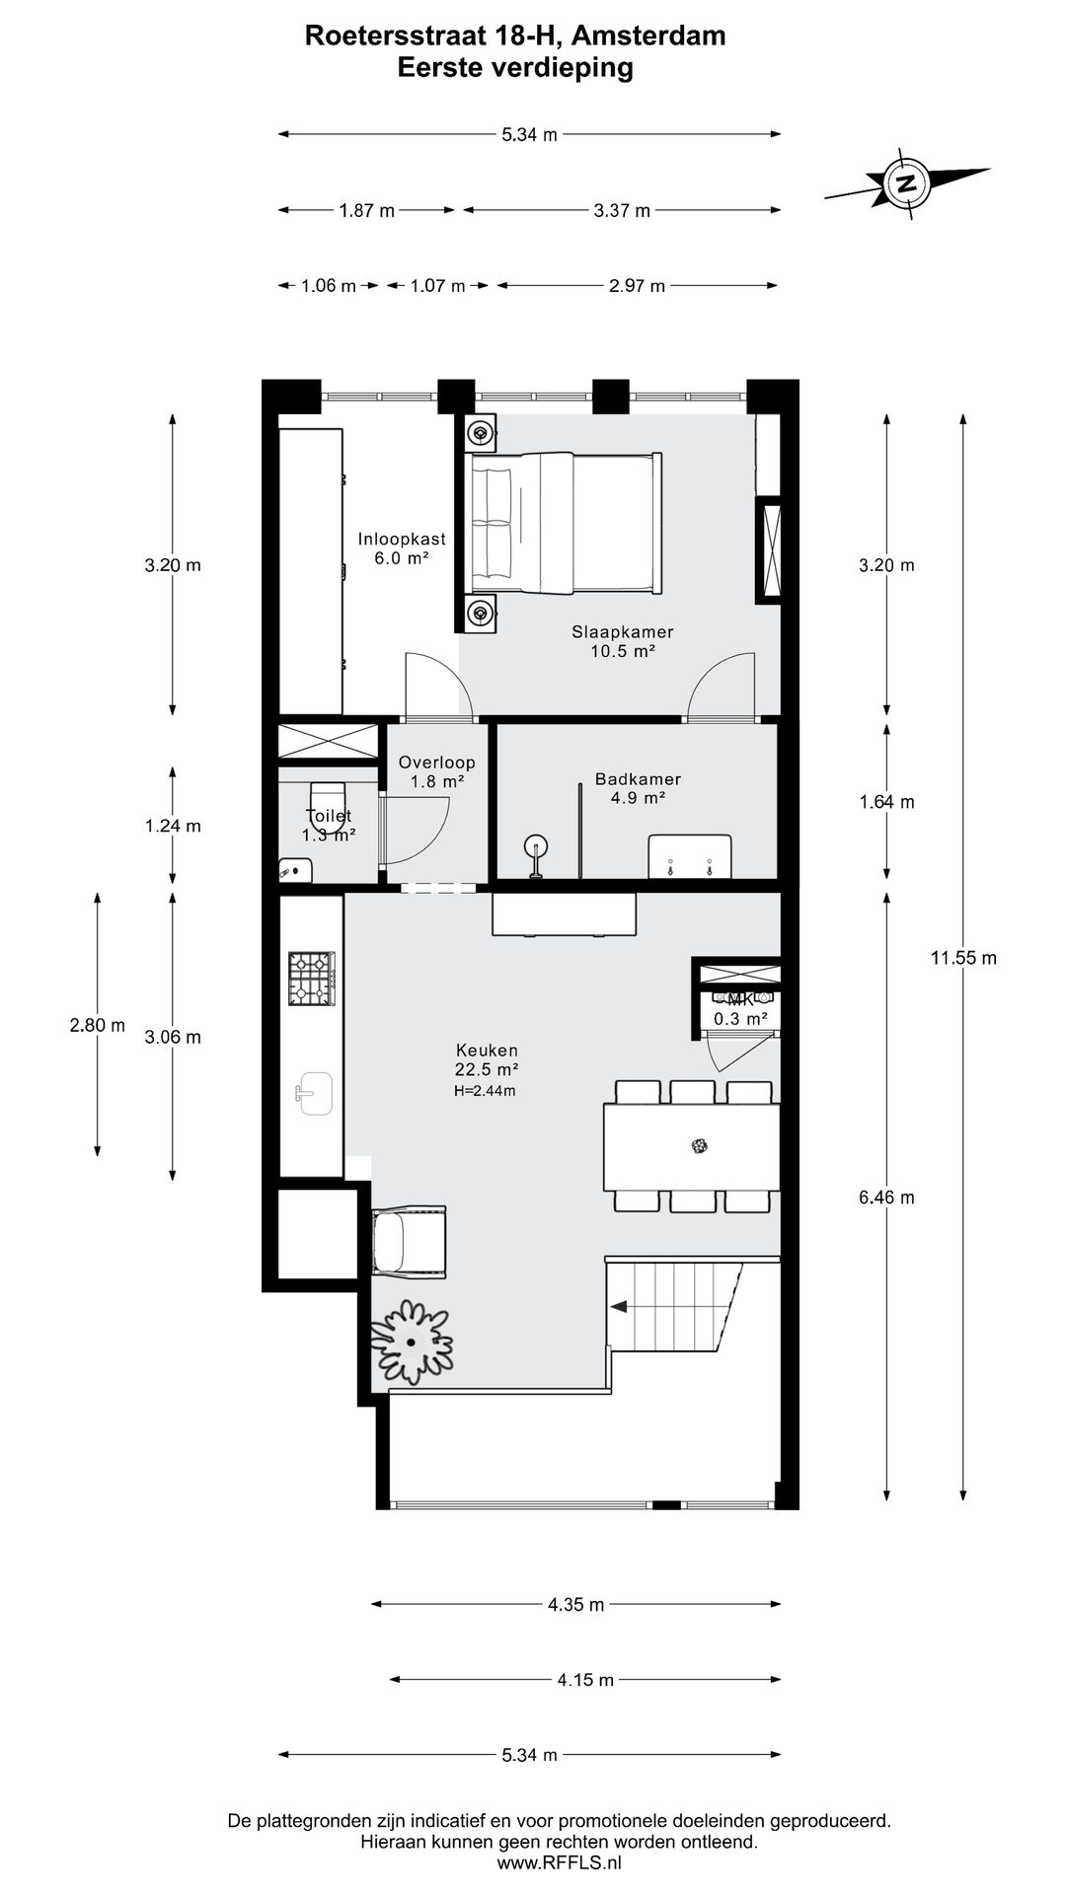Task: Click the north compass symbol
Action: click(906, 182)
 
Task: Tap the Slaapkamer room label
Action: click(623, 632)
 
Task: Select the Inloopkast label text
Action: click(402, 540)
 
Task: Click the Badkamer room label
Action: click(638, 779)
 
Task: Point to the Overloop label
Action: click(437, 763)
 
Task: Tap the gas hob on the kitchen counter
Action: click(311, 978)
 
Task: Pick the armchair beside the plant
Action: click(410, 1243)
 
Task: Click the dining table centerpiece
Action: click(700, 1145)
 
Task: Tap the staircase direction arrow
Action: click(619, 1307)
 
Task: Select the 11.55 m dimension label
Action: click(963, 957)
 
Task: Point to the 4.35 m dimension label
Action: click(575, 1605)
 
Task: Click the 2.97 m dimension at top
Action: click(638, 286)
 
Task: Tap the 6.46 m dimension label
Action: click(886, 1198)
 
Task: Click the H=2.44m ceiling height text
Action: click(485, 1091)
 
